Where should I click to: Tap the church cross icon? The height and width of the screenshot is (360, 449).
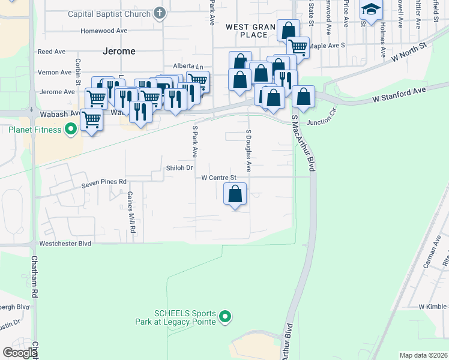(160, 13)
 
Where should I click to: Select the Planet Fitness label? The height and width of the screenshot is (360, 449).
(35, 130)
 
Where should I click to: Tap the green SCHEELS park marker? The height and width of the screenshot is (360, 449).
(225, 316)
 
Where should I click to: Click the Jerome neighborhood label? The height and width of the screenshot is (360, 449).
(119, 51)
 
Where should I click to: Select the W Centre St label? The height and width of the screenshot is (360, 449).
(219, 178)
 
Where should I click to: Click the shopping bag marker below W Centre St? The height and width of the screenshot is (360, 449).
(235, 194)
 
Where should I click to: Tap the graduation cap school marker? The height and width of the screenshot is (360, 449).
(370, 10)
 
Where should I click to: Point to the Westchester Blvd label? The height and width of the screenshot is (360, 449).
(65, 244)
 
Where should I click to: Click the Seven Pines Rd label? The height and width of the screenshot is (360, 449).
(105, 181)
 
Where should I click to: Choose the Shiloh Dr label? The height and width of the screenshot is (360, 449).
(178, 169)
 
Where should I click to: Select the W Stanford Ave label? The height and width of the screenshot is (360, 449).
(399, 94)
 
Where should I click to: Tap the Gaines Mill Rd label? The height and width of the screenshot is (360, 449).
(130, 212)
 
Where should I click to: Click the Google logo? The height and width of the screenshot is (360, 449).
(20, 353)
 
